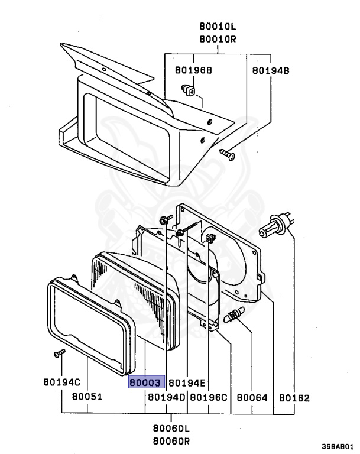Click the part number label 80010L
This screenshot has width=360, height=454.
(218, 27)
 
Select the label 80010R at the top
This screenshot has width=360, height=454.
(218, 39)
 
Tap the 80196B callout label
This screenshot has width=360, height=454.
(193, 70)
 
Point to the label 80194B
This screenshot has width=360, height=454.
(271, 70)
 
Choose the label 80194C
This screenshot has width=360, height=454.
(61, 382)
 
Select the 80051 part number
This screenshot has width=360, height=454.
(87, 397)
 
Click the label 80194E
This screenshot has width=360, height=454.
(187, 383)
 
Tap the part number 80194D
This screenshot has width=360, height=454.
(167, 397)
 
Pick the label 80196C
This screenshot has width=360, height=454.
(209, 397)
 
